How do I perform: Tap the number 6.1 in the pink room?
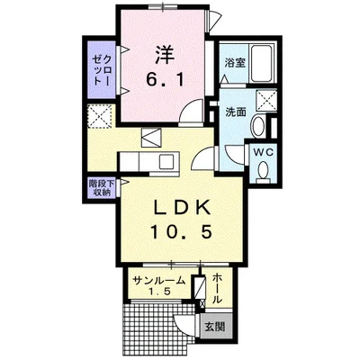163,78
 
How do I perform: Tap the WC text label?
264,153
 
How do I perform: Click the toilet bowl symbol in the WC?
264,172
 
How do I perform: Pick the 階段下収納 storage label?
100,187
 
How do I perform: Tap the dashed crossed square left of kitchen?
98,118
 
